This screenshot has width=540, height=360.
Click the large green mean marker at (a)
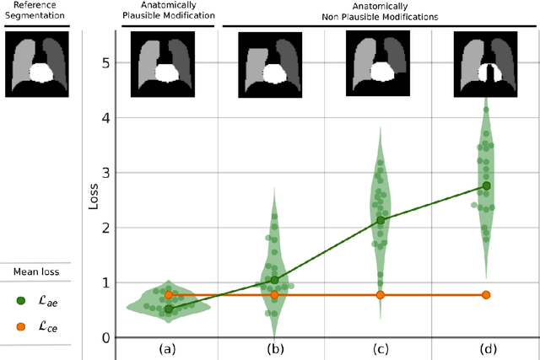click(x=168, y=309)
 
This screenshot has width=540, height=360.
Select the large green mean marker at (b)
click(x=273, y=280)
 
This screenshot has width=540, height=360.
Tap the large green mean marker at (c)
click(x=380, y=220)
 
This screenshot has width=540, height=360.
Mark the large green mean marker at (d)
click(x=486, y=185)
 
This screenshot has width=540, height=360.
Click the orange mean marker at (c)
click(x=380, y=295)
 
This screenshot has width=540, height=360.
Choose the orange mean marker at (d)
click(x=486, y=295)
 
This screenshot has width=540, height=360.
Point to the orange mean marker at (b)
click(x=273, y=295)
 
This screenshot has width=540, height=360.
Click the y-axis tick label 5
click(x=105, y=62)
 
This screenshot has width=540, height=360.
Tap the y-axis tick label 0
click(x=105, y=337)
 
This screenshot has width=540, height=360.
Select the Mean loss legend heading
click(x=34, y=271)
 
